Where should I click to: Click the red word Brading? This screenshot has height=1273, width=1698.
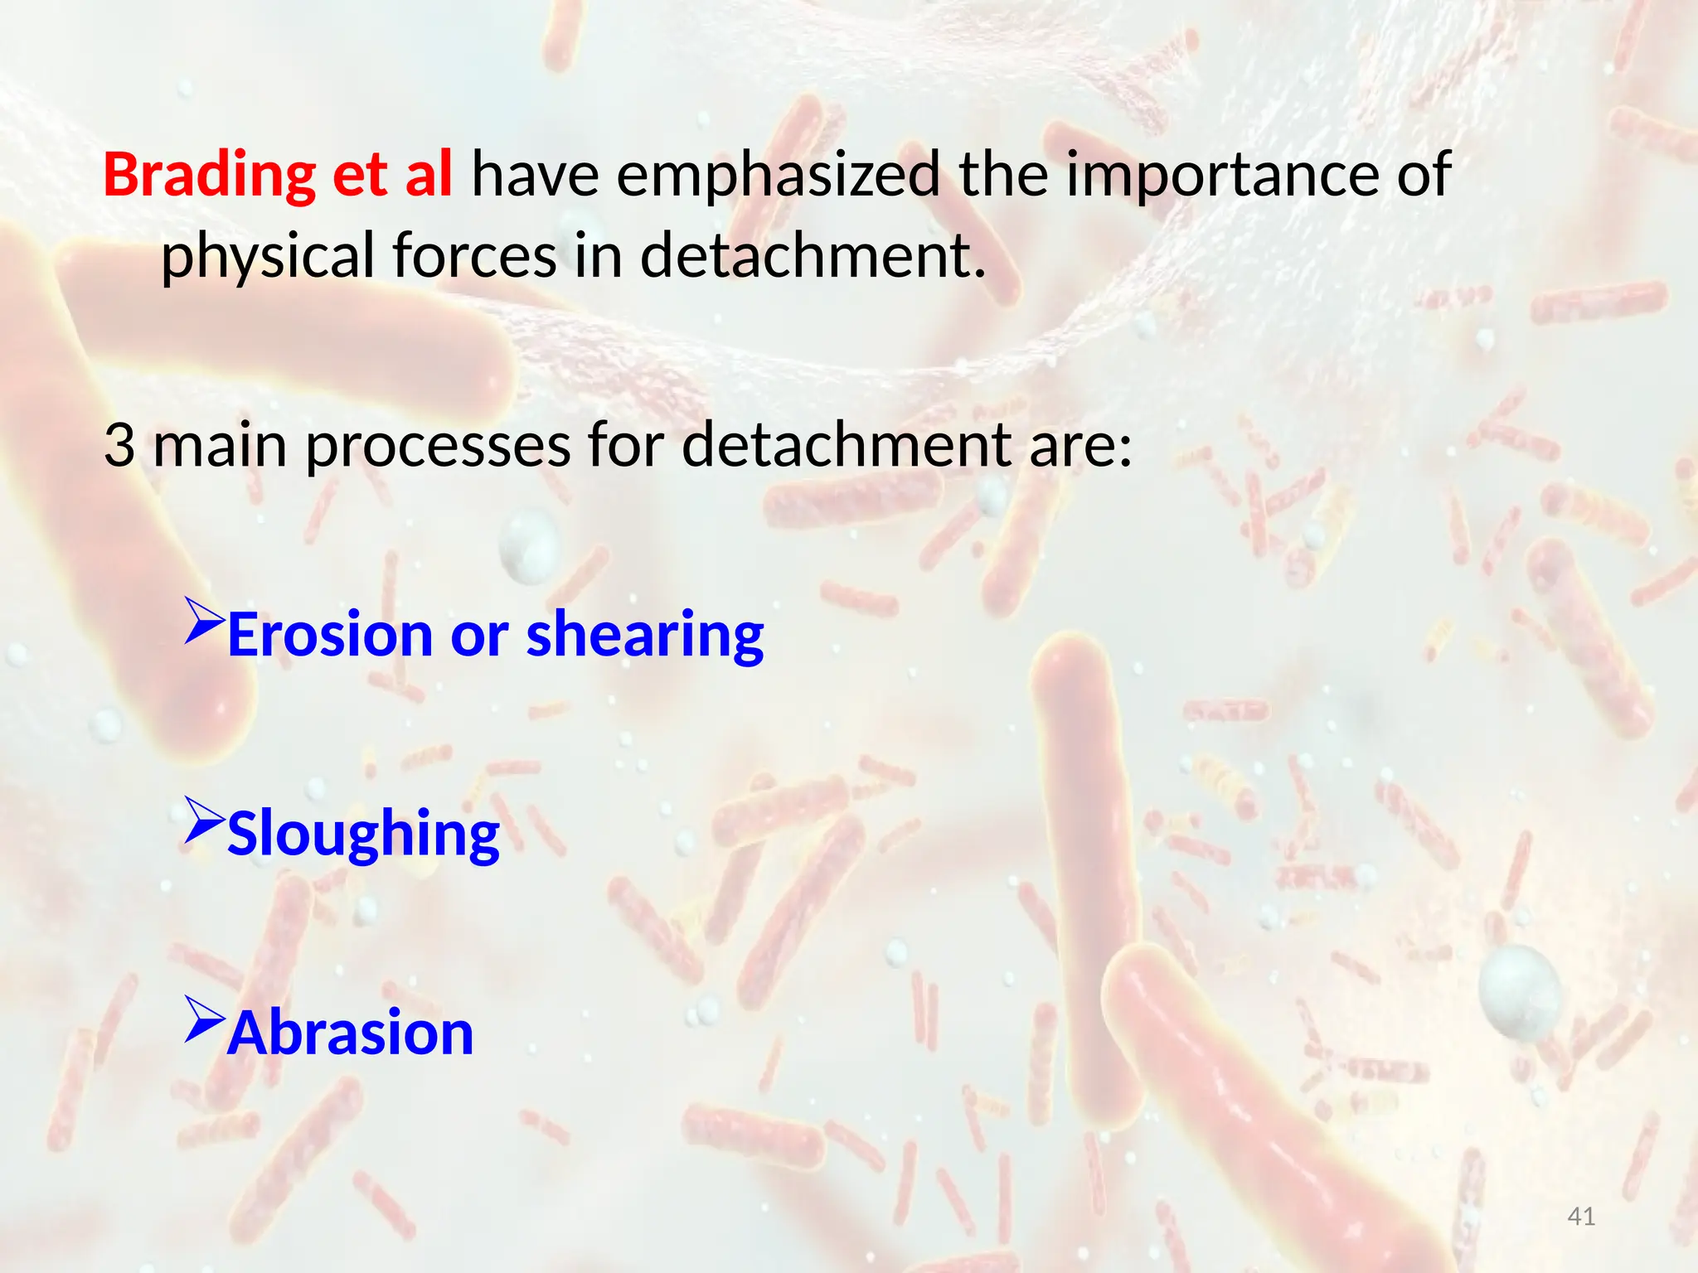pyautogui.click(x=209, y=176)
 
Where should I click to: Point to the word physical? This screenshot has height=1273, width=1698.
pyautogui.click(x=268, y=257)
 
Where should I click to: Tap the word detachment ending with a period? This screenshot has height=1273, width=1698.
pyautogui.click(x=813, y=255)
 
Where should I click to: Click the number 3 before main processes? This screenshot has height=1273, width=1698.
pyautogui.click(x=119, y=445)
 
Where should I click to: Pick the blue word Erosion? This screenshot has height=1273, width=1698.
pyautogui.click(x=329, y=634)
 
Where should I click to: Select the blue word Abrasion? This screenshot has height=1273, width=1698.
pyautogui.click(x=350, y=1033)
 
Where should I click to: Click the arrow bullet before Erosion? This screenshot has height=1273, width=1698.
pyautogui.click(x=204, y=621)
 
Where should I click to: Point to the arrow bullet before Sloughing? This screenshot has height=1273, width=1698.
pyautogui.click(x=204, y=820)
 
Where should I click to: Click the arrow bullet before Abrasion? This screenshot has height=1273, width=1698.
pyautogui.click(x=204, y=1019)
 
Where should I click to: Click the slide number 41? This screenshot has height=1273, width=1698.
pyautogui.click(x=1581, y=1216)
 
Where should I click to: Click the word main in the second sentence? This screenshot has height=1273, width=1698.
pyautogui.click(x=219, y=445)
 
